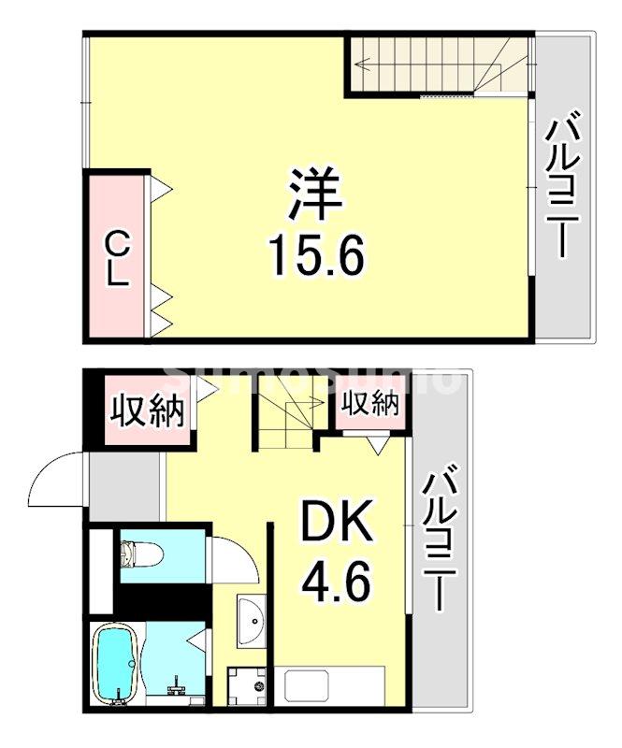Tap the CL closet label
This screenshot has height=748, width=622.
116,261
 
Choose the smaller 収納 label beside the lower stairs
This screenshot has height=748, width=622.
369,404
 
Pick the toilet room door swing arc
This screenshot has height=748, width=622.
228,562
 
